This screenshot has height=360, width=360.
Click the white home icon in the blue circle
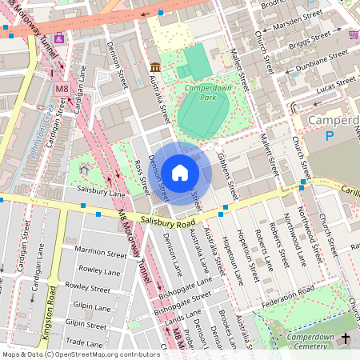pyautogui.click(x=180, y=172)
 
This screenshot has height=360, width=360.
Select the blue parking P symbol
pyautogui.click(x=330, y=137)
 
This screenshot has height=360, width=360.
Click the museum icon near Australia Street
pyautogui.click(x=154, y=66)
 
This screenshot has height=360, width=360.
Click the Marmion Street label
pyautogui.click(x=101, y=253)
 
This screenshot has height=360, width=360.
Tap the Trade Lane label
pyautogui.click(x=85, y=342)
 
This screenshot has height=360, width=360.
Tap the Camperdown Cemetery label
pyautogui.click(x=305, y=341)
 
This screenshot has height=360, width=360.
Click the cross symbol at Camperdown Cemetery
pyautogui.click(x=346, y=339)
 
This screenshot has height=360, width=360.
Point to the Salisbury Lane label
pyautogui.click(x=102, y=193)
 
